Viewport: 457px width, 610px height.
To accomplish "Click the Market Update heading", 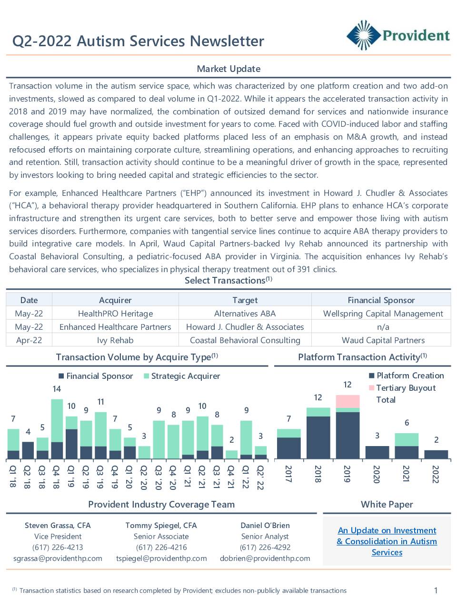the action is (228, 69).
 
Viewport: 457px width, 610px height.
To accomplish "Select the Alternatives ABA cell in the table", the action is (245, 314).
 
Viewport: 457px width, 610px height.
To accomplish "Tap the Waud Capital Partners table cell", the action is (383, 340).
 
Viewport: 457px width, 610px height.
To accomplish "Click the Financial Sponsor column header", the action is (381, 300).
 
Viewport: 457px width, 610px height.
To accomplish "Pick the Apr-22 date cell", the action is (29, 340).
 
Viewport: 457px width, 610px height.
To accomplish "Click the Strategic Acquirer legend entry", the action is (182, 376).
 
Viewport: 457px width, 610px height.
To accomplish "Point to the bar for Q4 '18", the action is (57, 429).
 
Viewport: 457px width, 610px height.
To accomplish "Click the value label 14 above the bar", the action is (57, 389).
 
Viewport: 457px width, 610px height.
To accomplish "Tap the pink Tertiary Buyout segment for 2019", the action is (348, 401).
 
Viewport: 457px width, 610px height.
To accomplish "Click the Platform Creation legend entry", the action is (406, 376).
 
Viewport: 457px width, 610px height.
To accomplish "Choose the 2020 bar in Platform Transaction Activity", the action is (377, 452).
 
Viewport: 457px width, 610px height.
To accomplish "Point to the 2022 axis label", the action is (436, 474).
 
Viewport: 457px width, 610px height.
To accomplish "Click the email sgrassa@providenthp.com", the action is (58, 559).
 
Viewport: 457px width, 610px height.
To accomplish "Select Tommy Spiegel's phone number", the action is (161, 547).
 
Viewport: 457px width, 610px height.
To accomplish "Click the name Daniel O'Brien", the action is (265, 525).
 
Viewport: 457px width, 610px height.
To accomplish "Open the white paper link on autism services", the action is (387, 541).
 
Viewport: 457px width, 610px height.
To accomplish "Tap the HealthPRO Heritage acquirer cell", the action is (115, 314).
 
